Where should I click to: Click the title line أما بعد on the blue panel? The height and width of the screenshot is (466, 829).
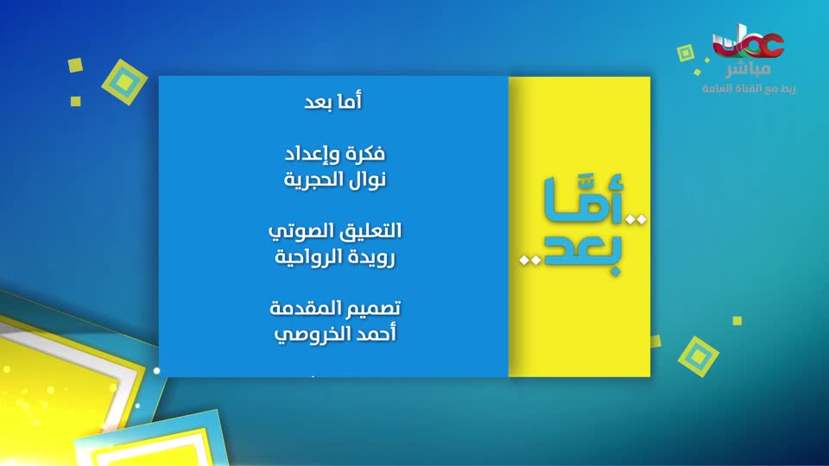coord(333,101)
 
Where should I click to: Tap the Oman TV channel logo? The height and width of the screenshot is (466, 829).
coord(748,43)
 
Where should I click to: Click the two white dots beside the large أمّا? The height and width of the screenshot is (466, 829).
coord(636,219)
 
